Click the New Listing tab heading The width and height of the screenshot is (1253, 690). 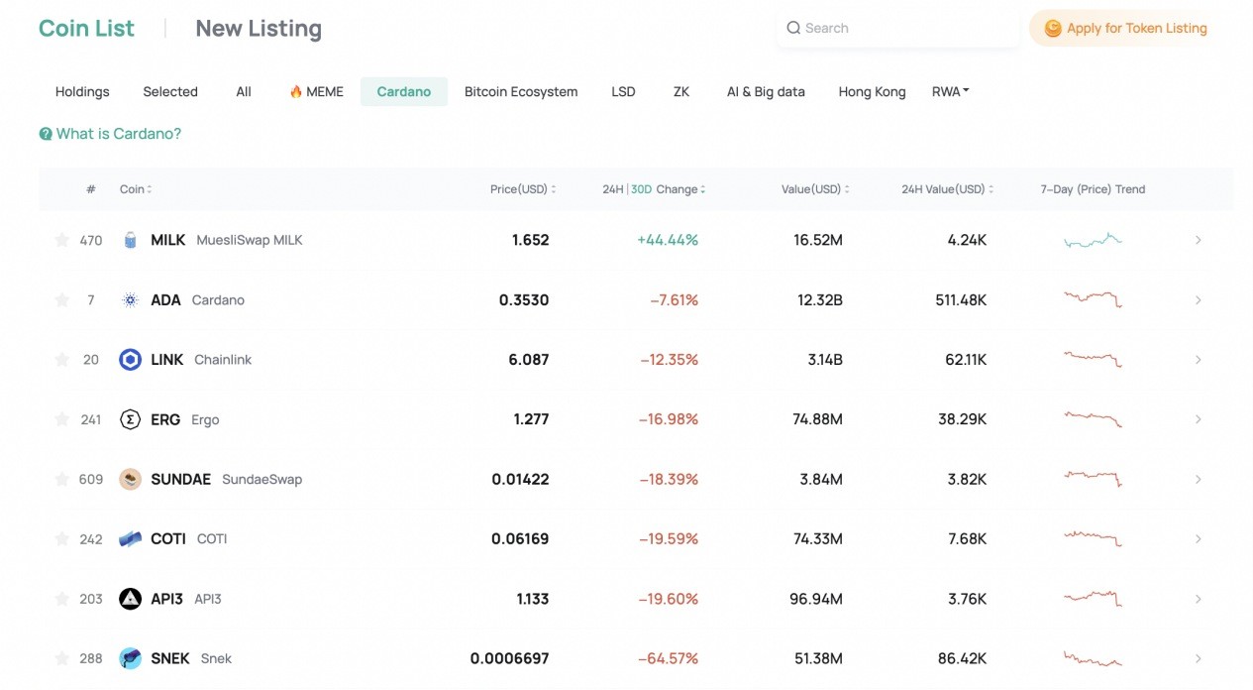259,29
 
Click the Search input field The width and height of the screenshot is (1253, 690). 897,28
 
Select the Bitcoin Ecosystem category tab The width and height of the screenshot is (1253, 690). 521,92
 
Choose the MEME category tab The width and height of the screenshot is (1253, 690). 317,92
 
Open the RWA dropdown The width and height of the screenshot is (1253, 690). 950,91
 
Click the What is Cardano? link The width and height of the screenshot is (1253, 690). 110,134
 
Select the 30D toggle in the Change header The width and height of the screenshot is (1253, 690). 641,189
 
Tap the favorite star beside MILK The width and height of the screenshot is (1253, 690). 61,240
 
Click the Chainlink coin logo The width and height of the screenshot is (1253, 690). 131,360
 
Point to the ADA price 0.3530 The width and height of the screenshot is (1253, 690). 524,300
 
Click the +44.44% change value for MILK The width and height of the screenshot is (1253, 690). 668,240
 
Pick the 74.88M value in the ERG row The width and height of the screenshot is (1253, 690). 817,419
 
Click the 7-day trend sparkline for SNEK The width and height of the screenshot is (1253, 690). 1093,658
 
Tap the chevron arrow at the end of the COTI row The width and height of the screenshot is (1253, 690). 1199,538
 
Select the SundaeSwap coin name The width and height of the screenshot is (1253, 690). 261,480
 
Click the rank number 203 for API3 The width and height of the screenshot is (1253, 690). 91,599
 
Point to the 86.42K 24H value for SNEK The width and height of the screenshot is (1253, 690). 962,658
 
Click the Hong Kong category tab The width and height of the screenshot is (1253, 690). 872,92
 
